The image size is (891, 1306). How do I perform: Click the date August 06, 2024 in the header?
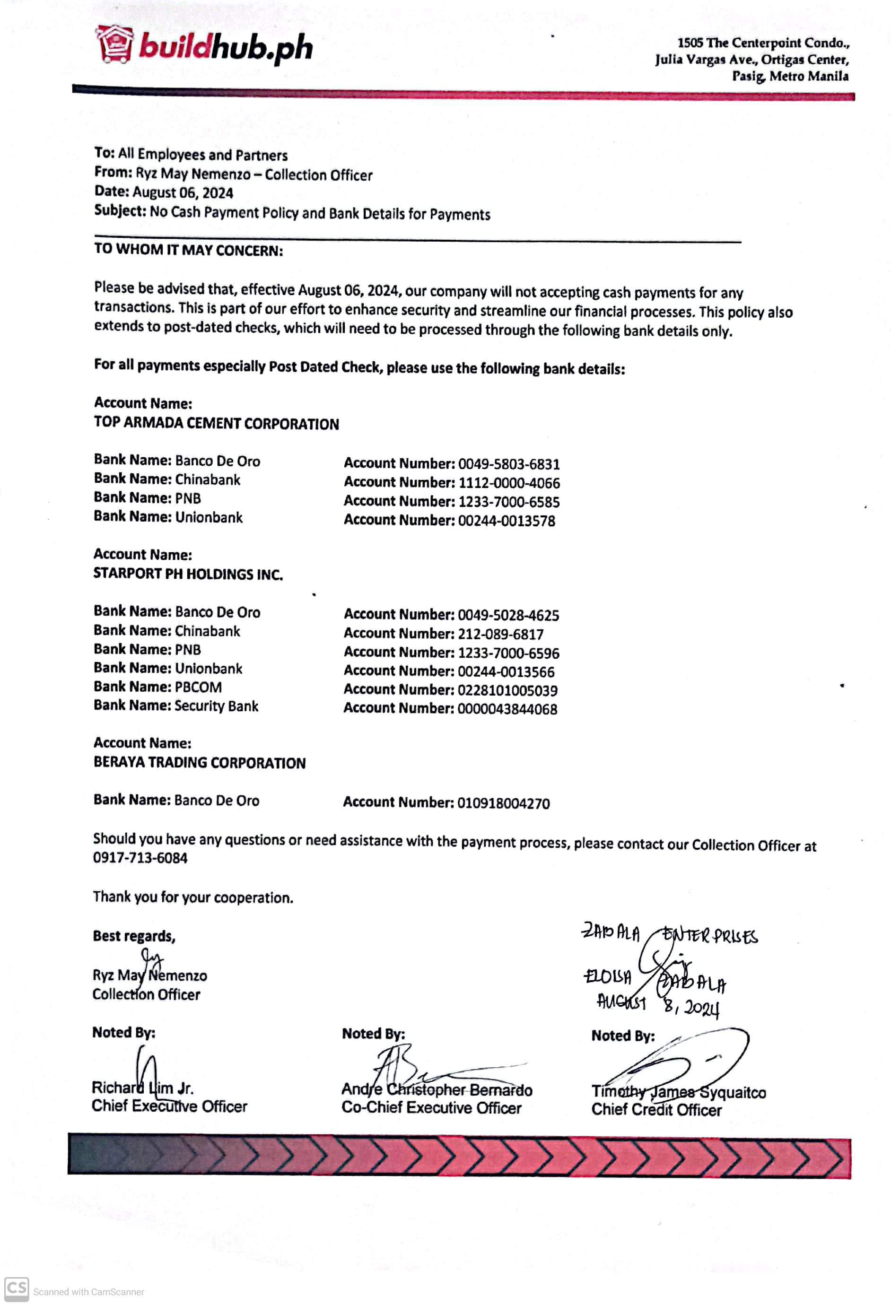coord(183,193)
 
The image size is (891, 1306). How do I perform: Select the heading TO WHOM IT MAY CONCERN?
coord(188,250)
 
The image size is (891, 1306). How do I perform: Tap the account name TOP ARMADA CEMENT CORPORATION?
coord(217,424)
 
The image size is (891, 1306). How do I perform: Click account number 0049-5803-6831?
coord(509,464)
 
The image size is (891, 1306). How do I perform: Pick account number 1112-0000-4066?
coord(509,483)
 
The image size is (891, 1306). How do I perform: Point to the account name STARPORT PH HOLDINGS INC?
coord(188,574)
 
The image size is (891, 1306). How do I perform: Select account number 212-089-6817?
coord(500,634)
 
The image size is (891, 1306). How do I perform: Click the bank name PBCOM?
coord(199,687)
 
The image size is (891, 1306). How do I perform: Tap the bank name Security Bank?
coord(217,706)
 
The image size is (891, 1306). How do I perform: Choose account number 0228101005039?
coord(507,690)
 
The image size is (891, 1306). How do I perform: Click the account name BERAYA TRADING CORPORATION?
coord(200,763)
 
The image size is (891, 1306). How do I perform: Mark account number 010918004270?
coord(503,803)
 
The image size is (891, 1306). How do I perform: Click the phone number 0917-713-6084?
coord(140,858)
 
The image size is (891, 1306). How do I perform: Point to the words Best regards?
coord(134,936)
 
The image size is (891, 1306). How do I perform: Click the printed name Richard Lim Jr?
coord(143,1088)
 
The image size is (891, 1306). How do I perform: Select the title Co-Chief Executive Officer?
coord(431,1107)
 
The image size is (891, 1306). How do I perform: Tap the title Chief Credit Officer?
coord(656,1110)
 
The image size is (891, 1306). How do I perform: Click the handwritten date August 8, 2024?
coord(658,1004)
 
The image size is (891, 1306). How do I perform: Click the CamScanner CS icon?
coord(16,1289)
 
